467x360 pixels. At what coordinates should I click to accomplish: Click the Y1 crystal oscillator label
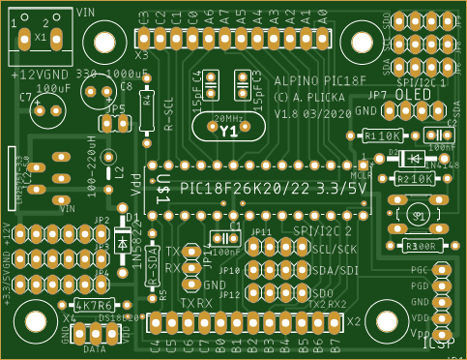(x=229, y=130)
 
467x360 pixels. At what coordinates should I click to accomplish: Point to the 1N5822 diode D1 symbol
(x=123, y=242)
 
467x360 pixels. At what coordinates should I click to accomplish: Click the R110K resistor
(x=384, y=136)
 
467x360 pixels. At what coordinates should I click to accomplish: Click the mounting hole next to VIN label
(x=102, y=42)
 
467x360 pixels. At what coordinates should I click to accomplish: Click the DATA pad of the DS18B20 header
(x=96, y=334)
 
